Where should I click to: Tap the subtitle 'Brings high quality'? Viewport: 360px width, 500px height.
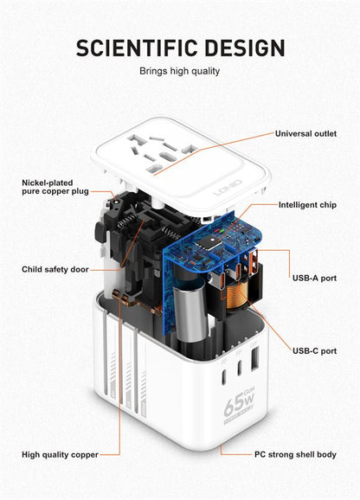coord(179,71)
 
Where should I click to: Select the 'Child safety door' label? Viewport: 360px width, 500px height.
coord(55,270)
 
